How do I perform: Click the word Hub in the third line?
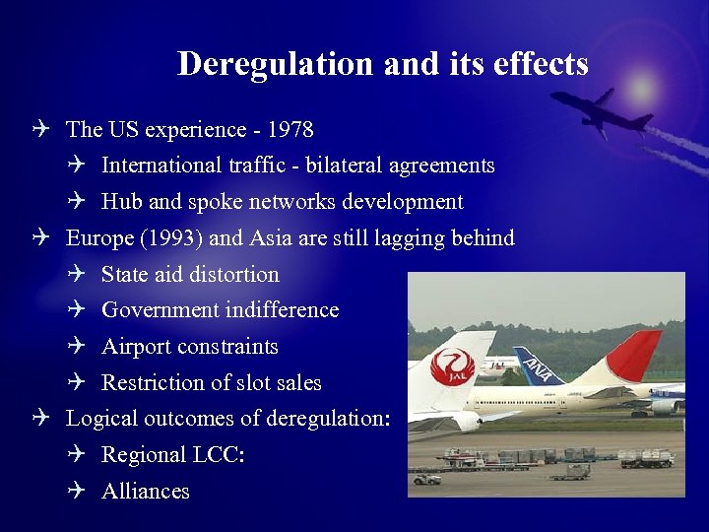tap(121, 202)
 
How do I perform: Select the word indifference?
tap(282, 310)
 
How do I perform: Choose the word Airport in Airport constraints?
tap(135, 347)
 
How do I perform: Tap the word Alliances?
tap(146, 491)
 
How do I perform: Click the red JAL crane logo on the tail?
tap(453, 368)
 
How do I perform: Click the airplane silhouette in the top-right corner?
tap(601, 110)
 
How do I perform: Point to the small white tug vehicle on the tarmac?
tap(426, 479)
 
